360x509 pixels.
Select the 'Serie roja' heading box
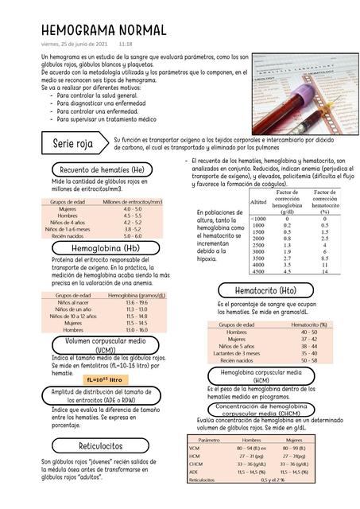point(72,145)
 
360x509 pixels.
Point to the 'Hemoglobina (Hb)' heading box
point(105,249)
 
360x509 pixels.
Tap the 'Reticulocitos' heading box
point(101,445)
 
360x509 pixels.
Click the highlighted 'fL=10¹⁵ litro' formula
point(105,379)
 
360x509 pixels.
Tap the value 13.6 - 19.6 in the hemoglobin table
point(136,303)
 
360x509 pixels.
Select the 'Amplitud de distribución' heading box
point(102,396)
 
